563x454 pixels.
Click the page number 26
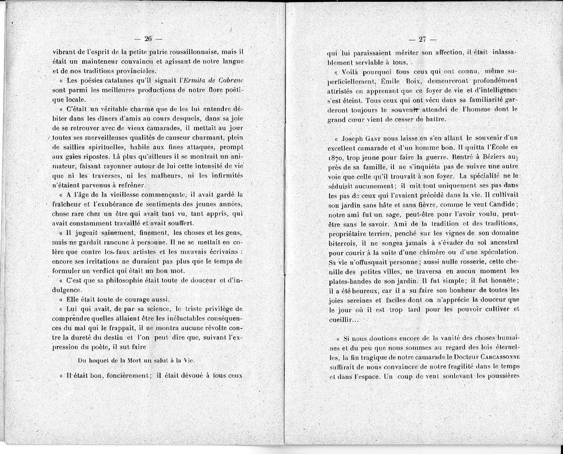tap(149, 39)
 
